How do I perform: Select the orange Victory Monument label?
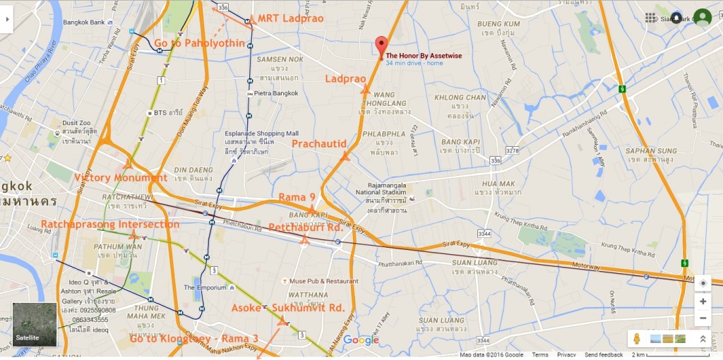[121, 178]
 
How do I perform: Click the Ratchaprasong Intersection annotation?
[110, 224]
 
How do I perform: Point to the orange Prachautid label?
[319, 144]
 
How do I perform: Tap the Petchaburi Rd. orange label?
[306, 227]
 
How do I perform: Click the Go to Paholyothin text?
[200, 43]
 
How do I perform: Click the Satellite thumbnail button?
[35, 325]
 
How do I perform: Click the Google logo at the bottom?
[361, 340]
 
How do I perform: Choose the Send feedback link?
[604, 355]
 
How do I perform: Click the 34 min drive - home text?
[414, 64]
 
